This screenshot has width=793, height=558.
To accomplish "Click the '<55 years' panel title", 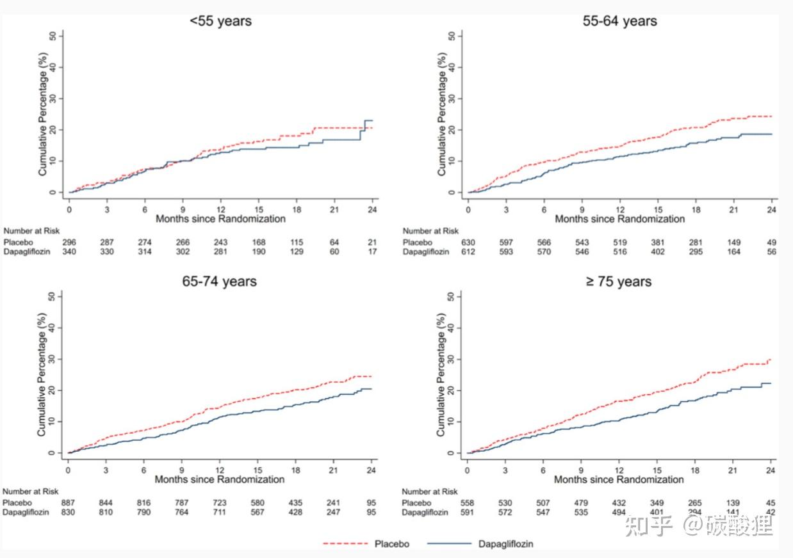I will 220,21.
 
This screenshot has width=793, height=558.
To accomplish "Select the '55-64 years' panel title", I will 619,21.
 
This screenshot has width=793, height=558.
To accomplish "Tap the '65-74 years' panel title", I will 220,282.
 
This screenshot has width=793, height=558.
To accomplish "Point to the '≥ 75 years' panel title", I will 619,282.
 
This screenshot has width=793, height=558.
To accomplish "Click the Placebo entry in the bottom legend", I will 391,544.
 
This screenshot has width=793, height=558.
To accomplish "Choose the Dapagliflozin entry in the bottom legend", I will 505,544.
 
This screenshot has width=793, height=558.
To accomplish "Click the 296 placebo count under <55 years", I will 69,243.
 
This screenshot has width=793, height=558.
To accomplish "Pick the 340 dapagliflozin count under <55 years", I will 69,251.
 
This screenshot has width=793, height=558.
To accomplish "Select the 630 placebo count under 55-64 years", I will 468,243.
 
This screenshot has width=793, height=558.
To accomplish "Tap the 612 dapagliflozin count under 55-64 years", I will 468,251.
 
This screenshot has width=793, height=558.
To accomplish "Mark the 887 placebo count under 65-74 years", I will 69,503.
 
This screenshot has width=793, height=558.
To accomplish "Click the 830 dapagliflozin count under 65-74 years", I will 69,512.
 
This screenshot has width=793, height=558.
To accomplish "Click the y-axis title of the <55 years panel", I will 43,114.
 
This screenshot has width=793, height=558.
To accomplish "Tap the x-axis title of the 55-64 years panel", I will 619,219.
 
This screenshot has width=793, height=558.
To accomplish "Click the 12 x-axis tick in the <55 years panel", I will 220,209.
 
